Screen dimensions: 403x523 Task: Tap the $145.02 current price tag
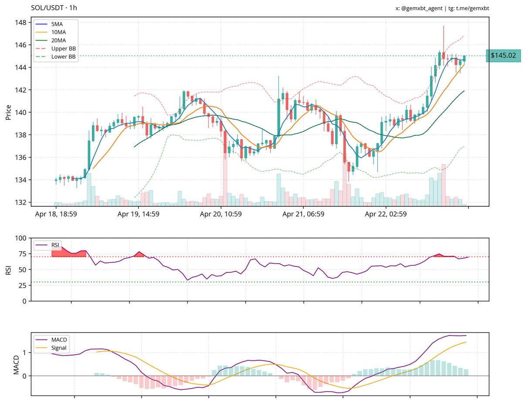point(503,56)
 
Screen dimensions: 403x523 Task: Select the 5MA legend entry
point(57,24)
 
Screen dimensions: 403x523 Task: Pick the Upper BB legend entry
point(63,48)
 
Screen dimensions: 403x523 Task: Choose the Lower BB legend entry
point(63,57)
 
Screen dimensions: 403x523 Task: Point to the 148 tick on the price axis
point(21,23)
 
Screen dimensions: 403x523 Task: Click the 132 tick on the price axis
point(21,202)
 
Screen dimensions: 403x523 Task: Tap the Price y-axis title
point(8,112)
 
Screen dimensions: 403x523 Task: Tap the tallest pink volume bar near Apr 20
point(225,178)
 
